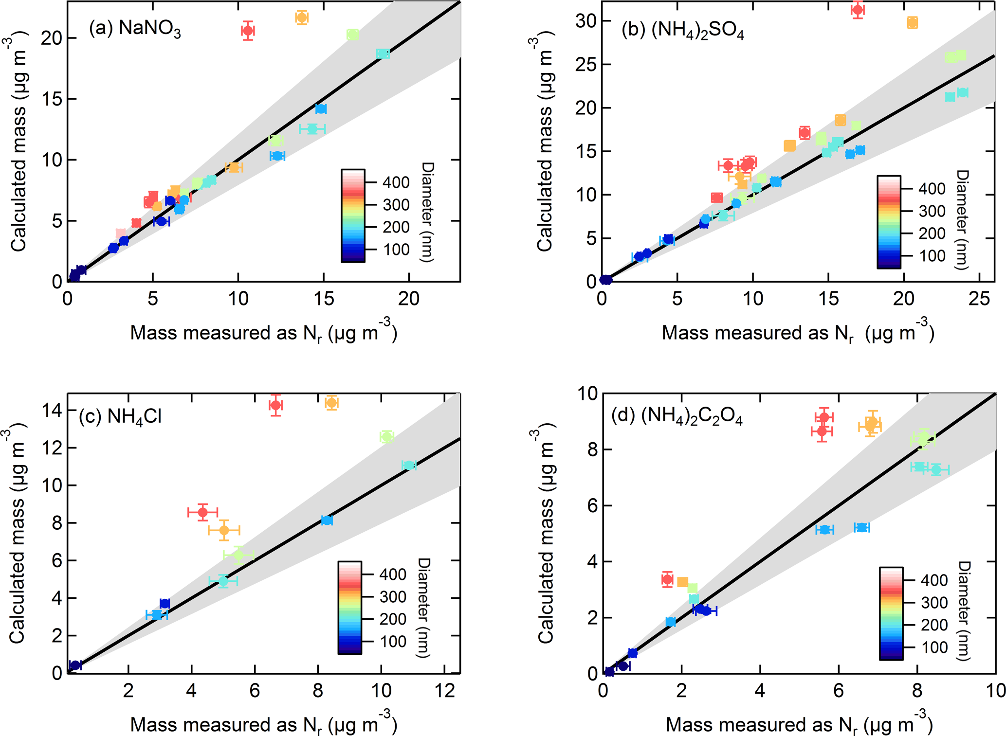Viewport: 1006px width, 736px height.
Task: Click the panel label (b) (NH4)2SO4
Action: (x=682, y=30)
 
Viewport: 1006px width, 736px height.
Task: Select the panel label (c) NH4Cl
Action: (x=120, y=417)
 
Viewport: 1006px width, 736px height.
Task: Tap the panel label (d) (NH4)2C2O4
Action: (x=677, y=417)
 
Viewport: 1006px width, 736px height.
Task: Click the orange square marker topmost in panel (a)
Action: (x=302, y=18)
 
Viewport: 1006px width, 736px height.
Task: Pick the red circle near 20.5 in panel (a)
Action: (x=248, y=31)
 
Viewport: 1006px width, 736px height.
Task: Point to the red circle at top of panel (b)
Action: (x=858, y=10)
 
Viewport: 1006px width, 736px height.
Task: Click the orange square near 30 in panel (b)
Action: (x=912, y=22)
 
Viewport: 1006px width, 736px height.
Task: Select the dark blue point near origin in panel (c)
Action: (x=75, y=665)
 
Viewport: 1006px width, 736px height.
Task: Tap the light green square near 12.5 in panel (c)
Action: (x=386, y=436)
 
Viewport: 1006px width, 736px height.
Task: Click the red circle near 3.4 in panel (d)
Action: (x=667, y=579)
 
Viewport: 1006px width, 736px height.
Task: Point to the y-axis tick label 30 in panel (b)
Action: (x=586, y=21)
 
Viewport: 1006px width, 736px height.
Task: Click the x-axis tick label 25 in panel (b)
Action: (x=979, y=298)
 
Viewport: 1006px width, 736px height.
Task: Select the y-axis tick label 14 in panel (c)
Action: (x=52, y=410)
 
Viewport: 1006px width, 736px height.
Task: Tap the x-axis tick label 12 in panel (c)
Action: (x=444, y=690)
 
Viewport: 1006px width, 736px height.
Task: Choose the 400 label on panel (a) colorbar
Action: (x=396, y=182)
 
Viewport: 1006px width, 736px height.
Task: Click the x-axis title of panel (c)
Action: (x=263, y=724)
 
